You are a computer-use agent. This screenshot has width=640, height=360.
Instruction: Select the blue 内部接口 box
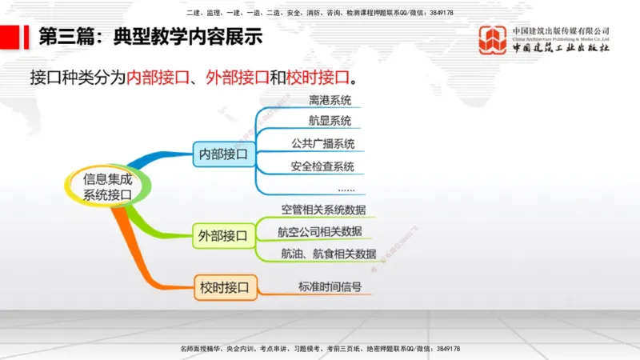tap(223, 153)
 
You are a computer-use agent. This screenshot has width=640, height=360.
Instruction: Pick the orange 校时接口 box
tap(223, 286)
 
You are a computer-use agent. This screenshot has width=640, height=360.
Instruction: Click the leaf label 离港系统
tap(330, 101)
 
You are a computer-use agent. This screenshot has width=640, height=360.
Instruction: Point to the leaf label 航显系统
tap(330, 122)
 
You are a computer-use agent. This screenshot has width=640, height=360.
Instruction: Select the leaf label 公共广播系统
tap(322, 144)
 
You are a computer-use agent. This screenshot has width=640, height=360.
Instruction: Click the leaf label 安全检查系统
tap(322, 166)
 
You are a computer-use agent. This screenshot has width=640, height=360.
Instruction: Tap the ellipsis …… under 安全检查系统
tap(346, 189)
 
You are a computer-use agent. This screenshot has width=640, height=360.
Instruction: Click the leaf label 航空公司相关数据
tap(320, 231)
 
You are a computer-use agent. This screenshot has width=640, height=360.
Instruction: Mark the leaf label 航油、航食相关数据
tap(328, 254)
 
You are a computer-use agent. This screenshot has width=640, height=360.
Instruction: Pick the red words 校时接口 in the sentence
tap(318, 78)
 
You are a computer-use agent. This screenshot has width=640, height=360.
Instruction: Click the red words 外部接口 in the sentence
tap(236, 78)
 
